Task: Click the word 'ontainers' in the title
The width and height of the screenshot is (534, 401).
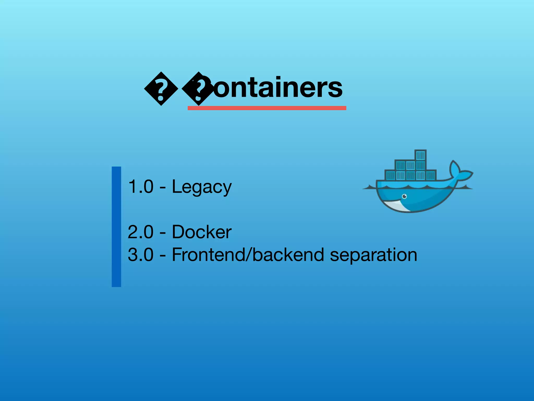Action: (x=278, y=88)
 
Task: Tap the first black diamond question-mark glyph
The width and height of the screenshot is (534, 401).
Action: (x=161, y=89)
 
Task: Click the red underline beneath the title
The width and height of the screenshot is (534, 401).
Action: (x=267, y=108)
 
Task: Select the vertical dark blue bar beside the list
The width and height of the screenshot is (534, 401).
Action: (x=116, y=227)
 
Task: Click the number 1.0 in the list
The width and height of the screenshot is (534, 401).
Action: (x=141, y=187)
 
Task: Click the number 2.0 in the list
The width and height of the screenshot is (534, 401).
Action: (x=141, y=232)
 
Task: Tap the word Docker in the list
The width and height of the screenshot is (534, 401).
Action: (x=202, y=232)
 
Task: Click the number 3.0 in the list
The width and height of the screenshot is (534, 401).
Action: (x=141, y=255)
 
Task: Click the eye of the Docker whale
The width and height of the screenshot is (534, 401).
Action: (x=404, y=196)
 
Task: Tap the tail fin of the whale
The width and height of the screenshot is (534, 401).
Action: (x=460, y=172)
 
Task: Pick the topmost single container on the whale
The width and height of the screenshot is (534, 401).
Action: (x=420, y=155)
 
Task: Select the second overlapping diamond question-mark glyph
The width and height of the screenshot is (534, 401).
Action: (x=198, y=89)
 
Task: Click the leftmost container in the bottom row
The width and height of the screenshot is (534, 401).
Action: (x=390, y=175)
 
